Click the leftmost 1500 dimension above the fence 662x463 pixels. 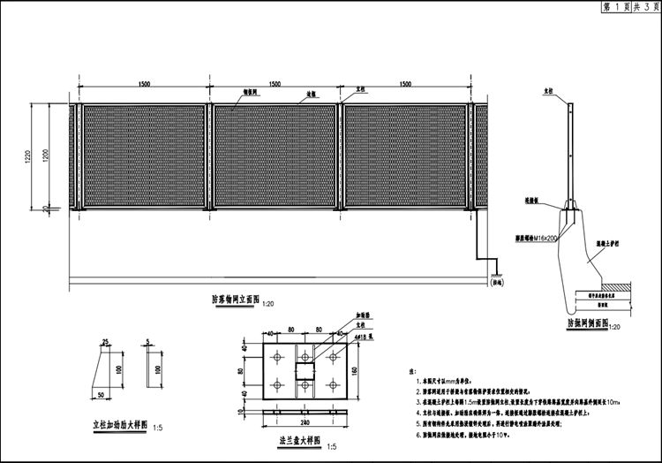pyautogui.click(x=144, y=84)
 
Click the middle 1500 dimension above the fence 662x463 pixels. pyautogui.click(x=274, y=84)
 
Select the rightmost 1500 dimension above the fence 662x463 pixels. pyautogui.click(x=405, y=84)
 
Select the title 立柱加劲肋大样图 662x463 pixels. pyautogui.click(x=114, y=425)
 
